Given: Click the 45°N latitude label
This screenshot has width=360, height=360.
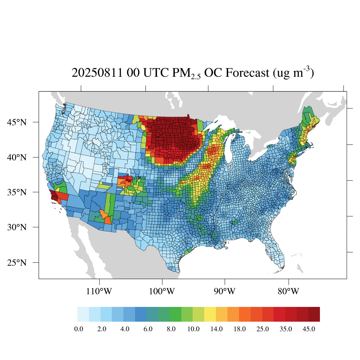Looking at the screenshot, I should tap(17, 122).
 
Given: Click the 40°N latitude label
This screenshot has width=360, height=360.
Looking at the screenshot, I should tap(17, 157).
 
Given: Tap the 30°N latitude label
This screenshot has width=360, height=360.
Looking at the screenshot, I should tap(17, 227).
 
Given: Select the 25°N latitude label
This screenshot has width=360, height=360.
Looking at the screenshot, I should tap(17, 263).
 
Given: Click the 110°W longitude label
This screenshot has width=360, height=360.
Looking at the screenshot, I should tap(100, 291).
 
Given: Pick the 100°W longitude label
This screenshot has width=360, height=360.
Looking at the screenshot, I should tap(162, 291).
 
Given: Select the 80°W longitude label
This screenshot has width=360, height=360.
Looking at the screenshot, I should tap(289, 291).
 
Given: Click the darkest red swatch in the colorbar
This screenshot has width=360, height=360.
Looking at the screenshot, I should tap(314, 314).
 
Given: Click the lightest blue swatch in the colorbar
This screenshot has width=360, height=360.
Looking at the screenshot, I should tap(83, 314).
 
